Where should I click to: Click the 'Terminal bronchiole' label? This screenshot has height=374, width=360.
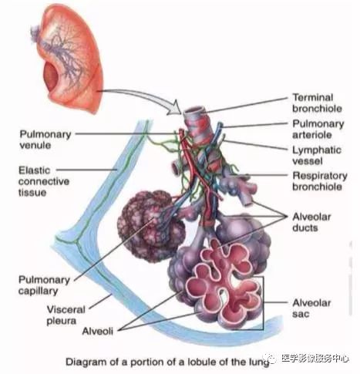pos(317,103)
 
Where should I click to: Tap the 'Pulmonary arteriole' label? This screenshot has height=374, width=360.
pos(318,129)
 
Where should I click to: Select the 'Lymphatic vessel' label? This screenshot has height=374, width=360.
pos(317,155)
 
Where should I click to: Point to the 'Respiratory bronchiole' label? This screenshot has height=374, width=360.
pos(320,181)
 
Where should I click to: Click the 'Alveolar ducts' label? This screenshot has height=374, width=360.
pos(311,222)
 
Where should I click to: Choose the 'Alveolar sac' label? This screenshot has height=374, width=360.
pos(311,308)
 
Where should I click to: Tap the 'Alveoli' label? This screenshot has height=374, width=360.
pos(98,331)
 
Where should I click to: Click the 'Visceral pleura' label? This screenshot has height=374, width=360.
pos(66,315)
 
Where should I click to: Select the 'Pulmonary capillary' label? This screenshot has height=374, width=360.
pos(44,285)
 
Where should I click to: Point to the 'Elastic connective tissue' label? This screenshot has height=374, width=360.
pos(44,181)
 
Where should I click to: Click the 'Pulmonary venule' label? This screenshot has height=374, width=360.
pos(45,140)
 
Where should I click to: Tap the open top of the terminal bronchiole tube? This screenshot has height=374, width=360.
pos(194,111)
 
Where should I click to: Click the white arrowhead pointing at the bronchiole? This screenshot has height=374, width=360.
pos(175,108)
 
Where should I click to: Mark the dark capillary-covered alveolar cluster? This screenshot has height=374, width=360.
pos(151,226)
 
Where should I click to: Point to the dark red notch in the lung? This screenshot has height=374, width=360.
pos(52,78)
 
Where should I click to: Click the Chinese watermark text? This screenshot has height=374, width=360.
pos(315,358)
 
